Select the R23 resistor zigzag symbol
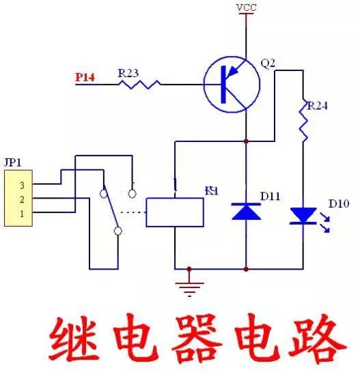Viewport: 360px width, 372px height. point(139,84)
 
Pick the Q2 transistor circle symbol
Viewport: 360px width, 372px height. point(232,85)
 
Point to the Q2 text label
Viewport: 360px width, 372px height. point(268,63)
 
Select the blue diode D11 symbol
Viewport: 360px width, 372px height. point(246,211)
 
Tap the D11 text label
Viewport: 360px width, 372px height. point(271,197)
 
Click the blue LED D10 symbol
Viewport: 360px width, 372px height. point(303,216)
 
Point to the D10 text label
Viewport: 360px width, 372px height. point(338,204)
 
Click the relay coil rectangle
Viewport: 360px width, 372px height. point(175,212)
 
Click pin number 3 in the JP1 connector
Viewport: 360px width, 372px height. point(22,185)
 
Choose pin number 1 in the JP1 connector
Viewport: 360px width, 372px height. point(22,214)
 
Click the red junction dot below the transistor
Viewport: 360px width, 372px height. point(246,141)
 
